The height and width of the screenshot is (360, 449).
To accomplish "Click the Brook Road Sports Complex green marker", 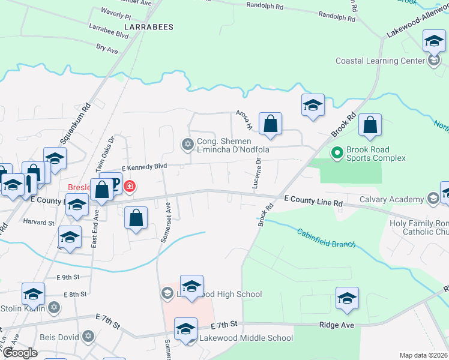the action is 336,154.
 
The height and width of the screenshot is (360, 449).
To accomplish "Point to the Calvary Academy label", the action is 391,199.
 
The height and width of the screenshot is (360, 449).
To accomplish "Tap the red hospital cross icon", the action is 128,187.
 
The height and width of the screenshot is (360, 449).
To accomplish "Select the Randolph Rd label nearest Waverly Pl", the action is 265,5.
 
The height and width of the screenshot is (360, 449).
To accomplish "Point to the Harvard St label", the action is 39,222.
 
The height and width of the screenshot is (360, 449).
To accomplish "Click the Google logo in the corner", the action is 19,353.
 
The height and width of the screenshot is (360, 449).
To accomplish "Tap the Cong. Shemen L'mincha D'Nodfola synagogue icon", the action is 187,143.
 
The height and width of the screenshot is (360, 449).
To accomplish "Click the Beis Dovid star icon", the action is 88,337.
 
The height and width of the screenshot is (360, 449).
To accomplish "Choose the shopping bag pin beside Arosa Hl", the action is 271,124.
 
